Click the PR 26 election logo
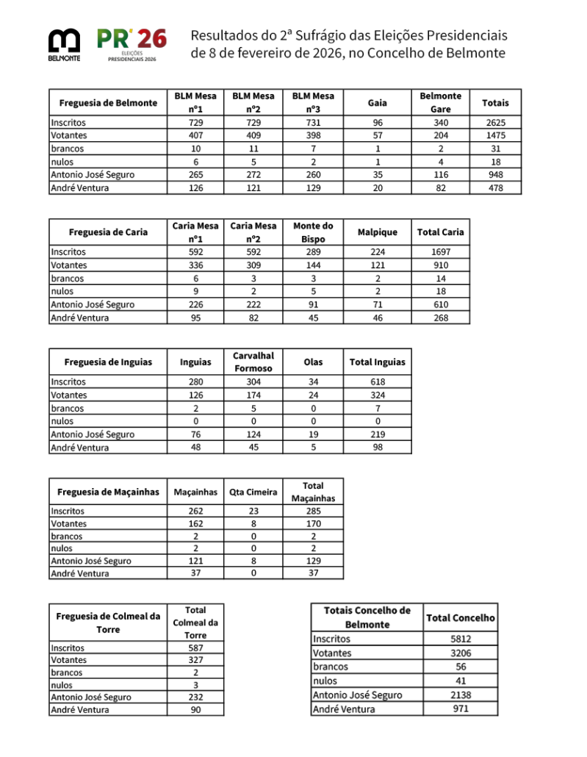click(132, 45)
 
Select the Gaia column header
click(377, 103)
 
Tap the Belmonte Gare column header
click(440, 103)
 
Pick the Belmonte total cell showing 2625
click(495, 123)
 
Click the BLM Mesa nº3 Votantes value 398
click(313, 136)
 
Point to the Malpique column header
click(377, 232)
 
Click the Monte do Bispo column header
click(313, 232)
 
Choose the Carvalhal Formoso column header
click(253, 362)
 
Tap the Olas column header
click(313, 362)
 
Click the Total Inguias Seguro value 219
click(378, 434)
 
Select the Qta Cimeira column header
click(253, 492)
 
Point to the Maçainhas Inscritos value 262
click(195, 511)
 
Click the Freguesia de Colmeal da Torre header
click(108, 623)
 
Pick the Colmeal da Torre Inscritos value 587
click(195, 648)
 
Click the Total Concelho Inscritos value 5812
click(461, 639)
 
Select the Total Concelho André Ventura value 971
click(461, 708)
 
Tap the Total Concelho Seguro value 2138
click(461, 695)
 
